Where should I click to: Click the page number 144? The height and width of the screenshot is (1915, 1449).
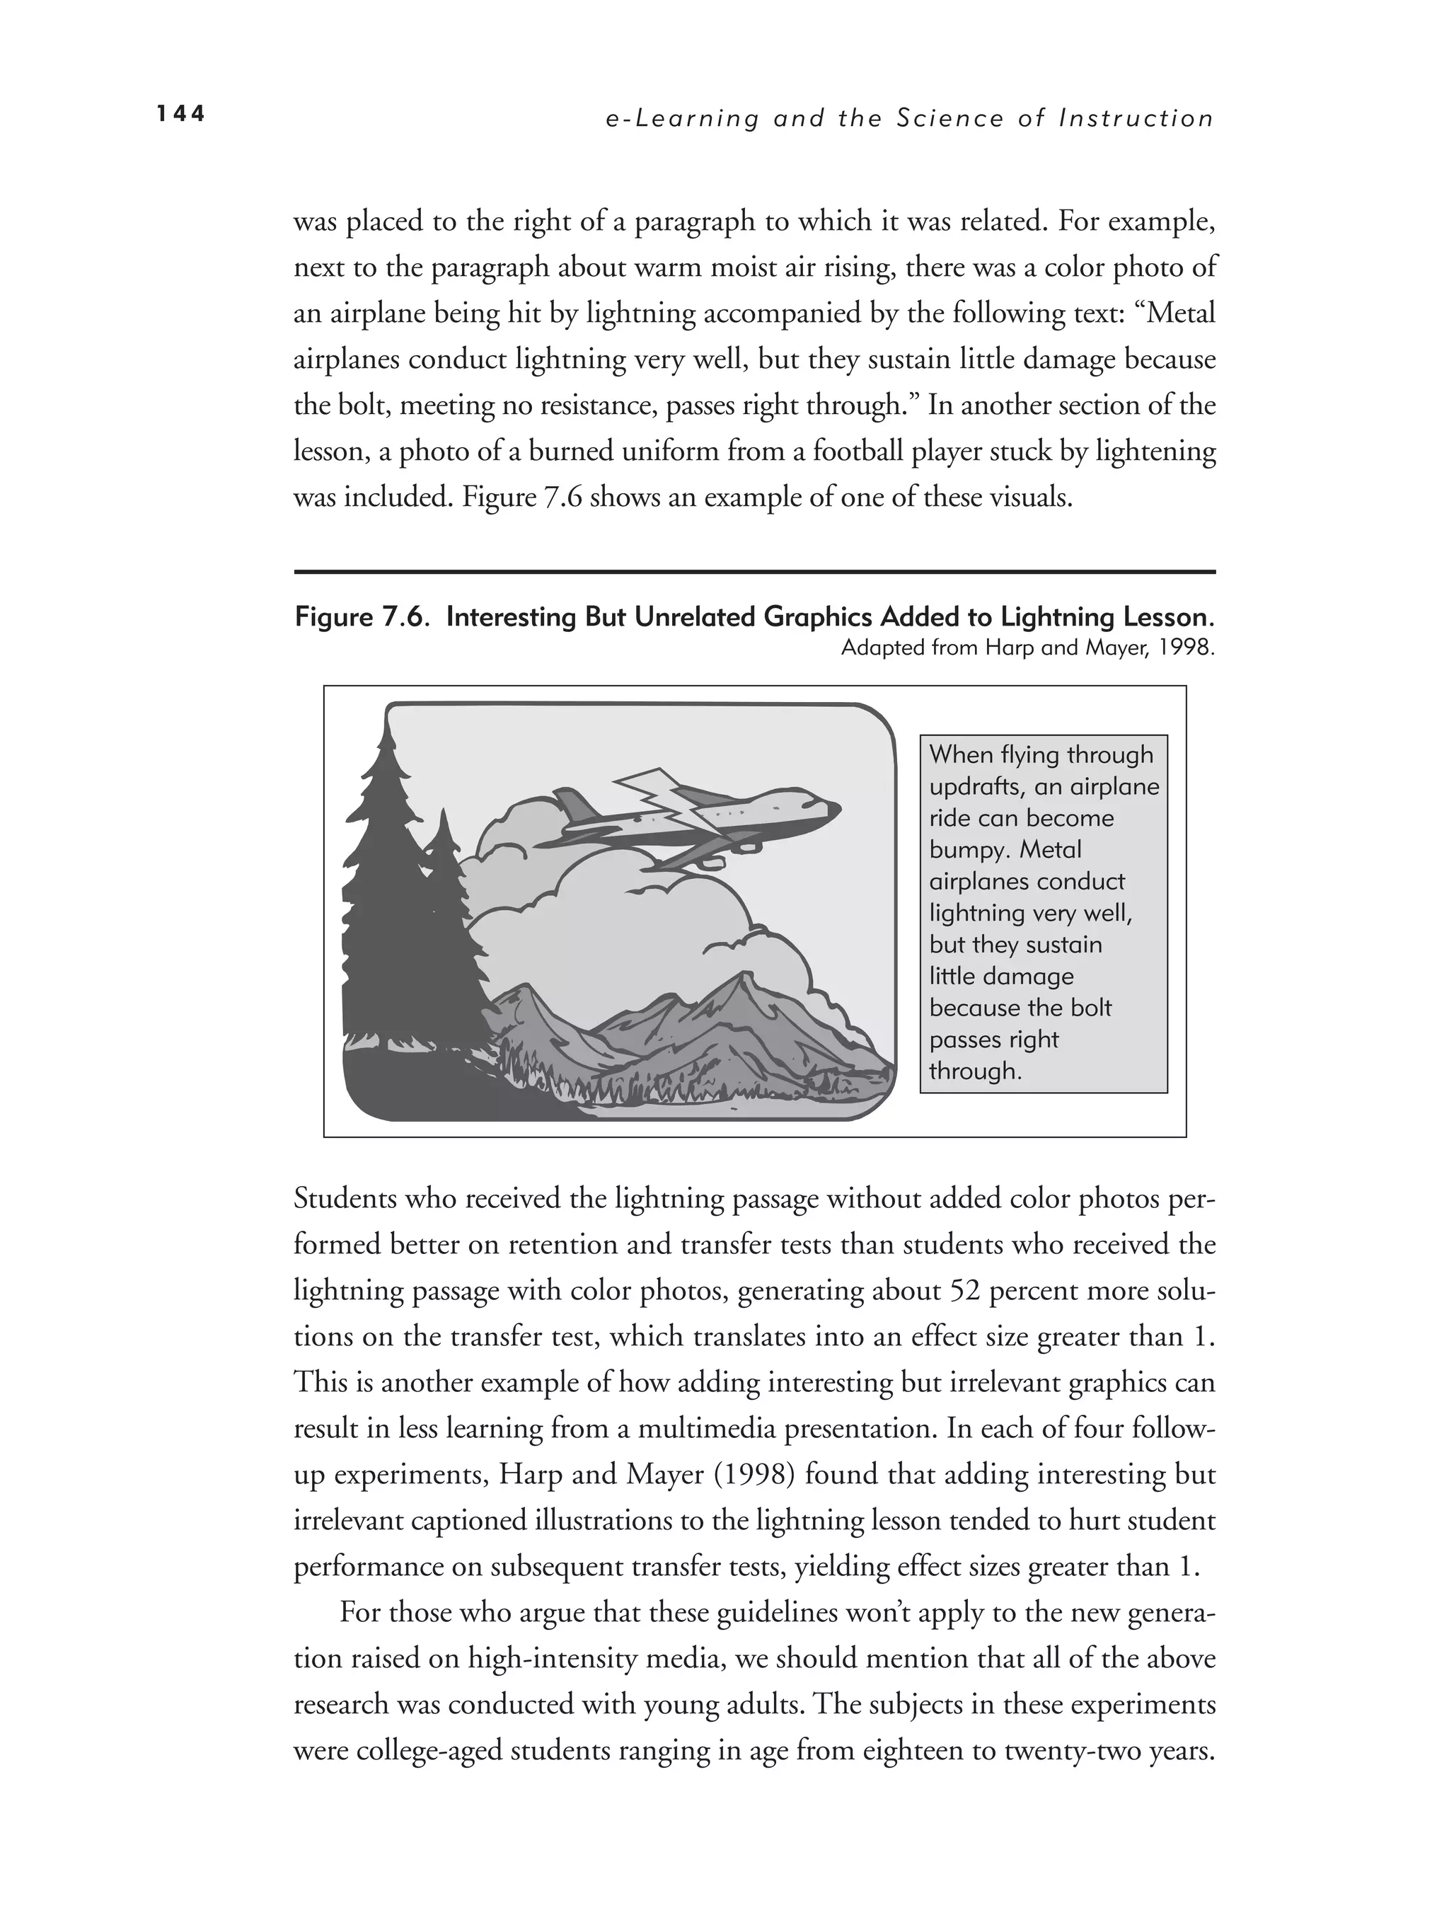[x=181, y=114]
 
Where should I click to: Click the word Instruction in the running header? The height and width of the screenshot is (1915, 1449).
[x=1136, y=119]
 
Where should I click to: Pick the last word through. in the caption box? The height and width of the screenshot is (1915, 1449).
[x=975, y=1071]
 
